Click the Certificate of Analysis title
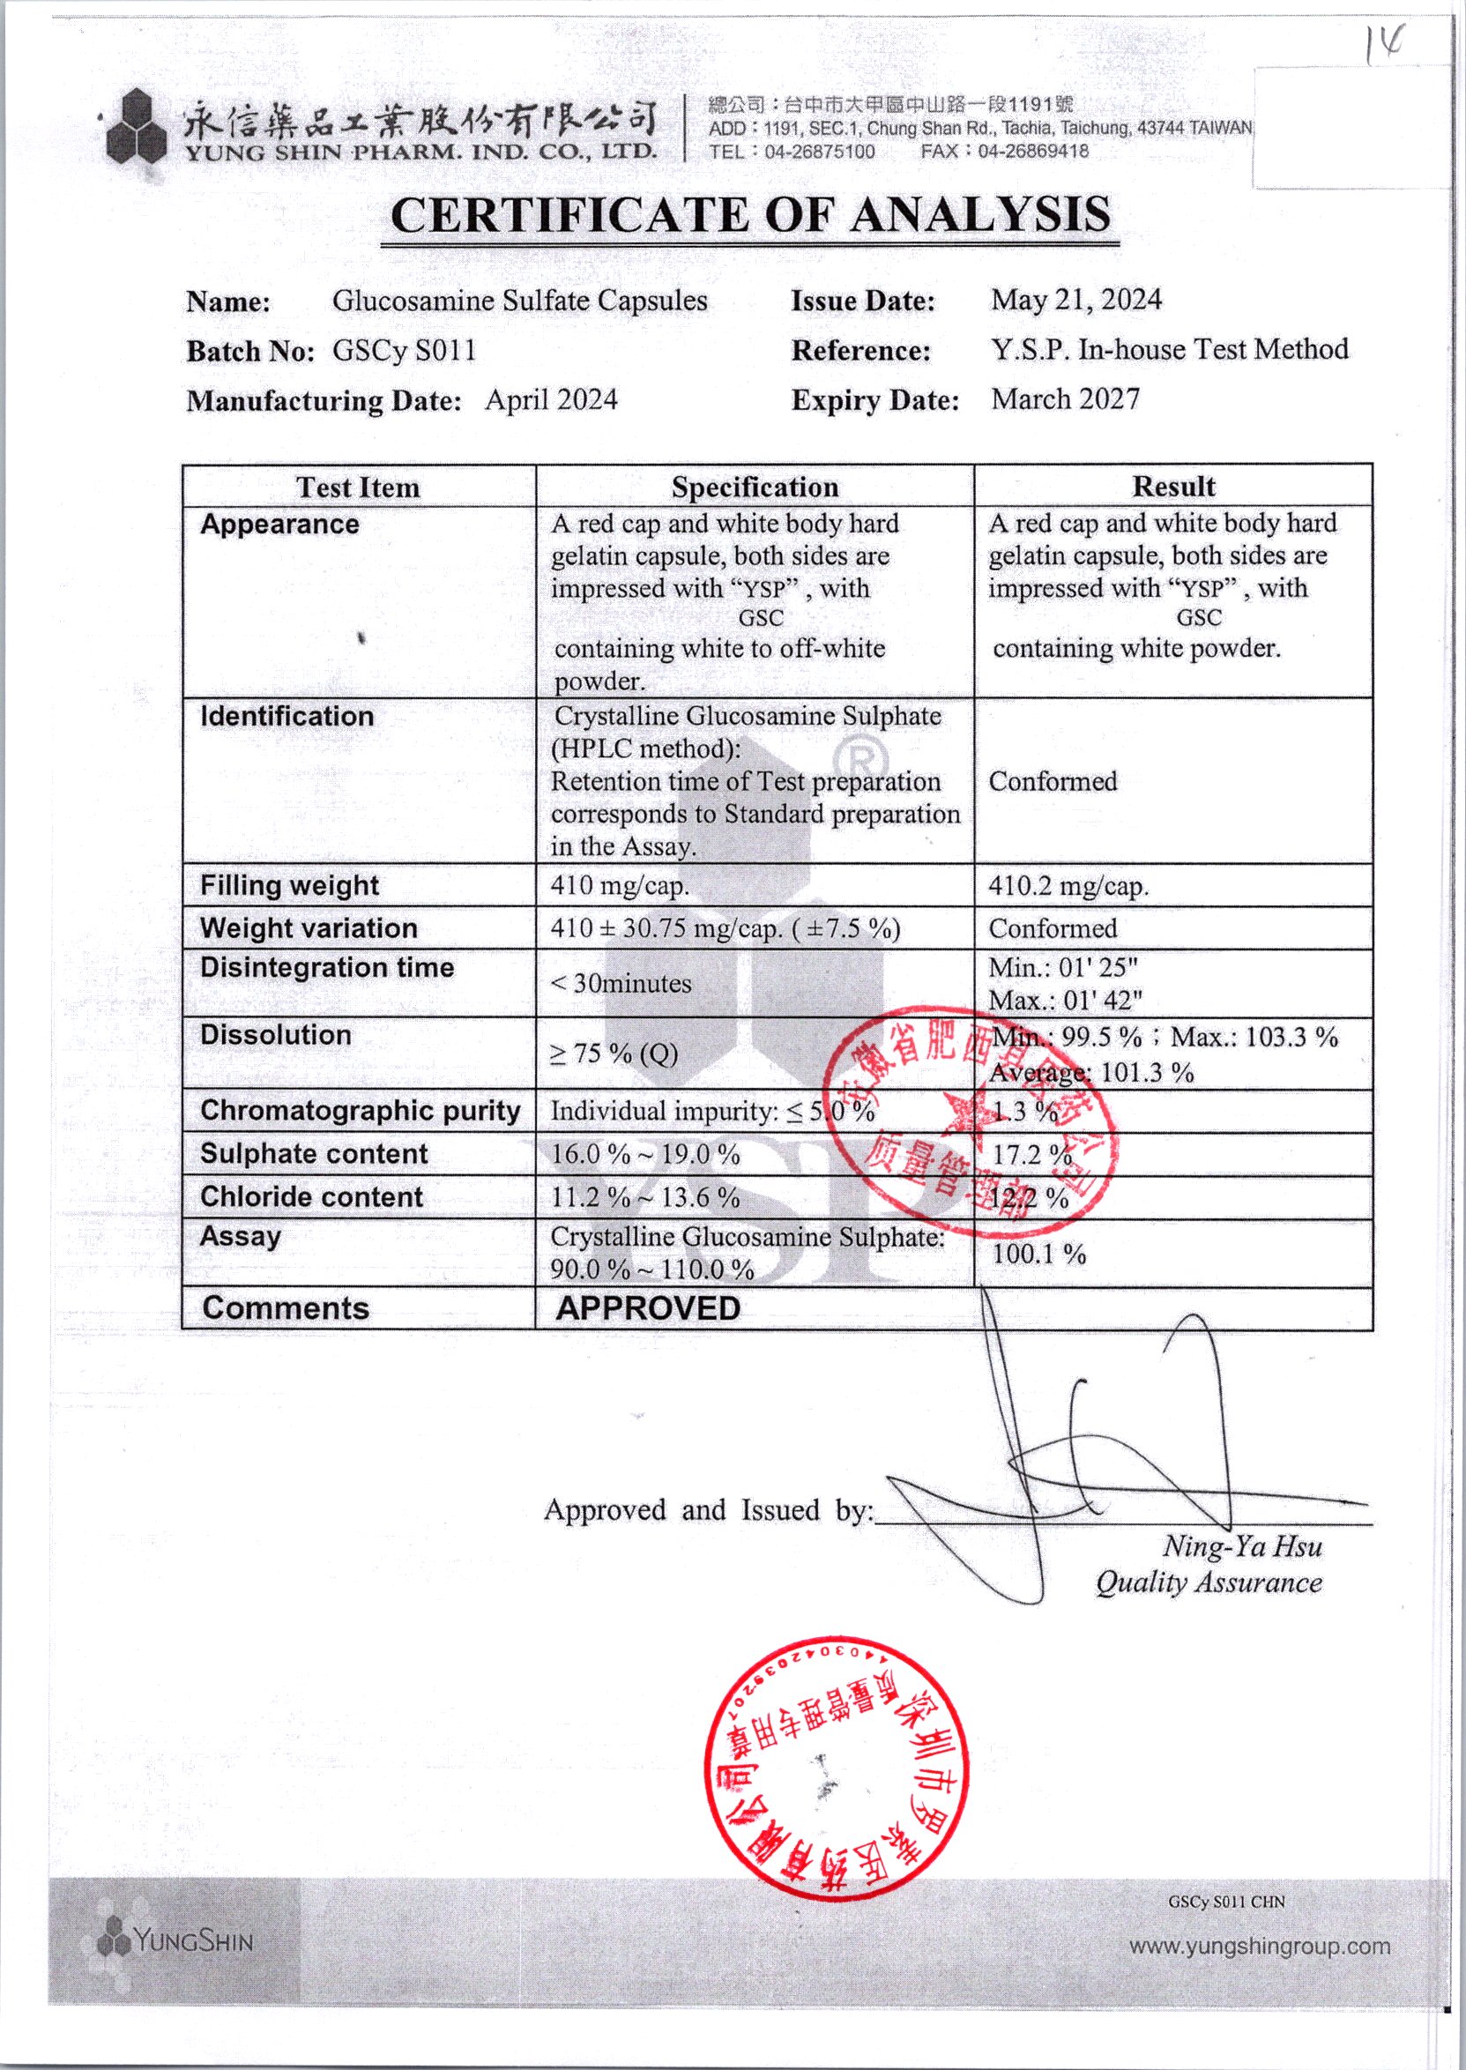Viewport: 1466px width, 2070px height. [x=750, y=216]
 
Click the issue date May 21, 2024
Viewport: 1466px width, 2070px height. [x=1076, y=300]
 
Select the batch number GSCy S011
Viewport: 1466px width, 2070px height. [x=404, y=350]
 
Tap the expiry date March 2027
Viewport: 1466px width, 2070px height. [x=1065, y=399]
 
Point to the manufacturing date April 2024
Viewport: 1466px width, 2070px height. [x=551, y=400]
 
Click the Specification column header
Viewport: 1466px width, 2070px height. [x=755, y=488]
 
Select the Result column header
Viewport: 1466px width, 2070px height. [x=1172, y=487]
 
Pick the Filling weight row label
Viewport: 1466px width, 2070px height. [x=290, y=886]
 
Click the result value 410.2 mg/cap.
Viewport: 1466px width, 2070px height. [x=1068, y=886]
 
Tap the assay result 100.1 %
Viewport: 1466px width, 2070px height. [x=1038, y=1254]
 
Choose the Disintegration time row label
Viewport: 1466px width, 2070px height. [x=327, y=968]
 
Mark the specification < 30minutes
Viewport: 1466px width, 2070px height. [x=621, y=984]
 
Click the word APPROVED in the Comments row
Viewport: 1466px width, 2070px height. [x=648, y=1308]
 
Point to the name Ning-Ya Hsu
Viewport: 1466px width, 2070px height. [x=1242, y=1546]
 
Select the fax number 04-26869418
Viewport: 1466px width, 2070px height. [x=1032, y=152]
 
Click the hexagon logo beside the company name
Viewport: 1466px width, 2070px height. [x=137, y=126]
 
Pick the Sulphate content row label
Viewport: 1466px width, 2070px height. [x=313, y=1154]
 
